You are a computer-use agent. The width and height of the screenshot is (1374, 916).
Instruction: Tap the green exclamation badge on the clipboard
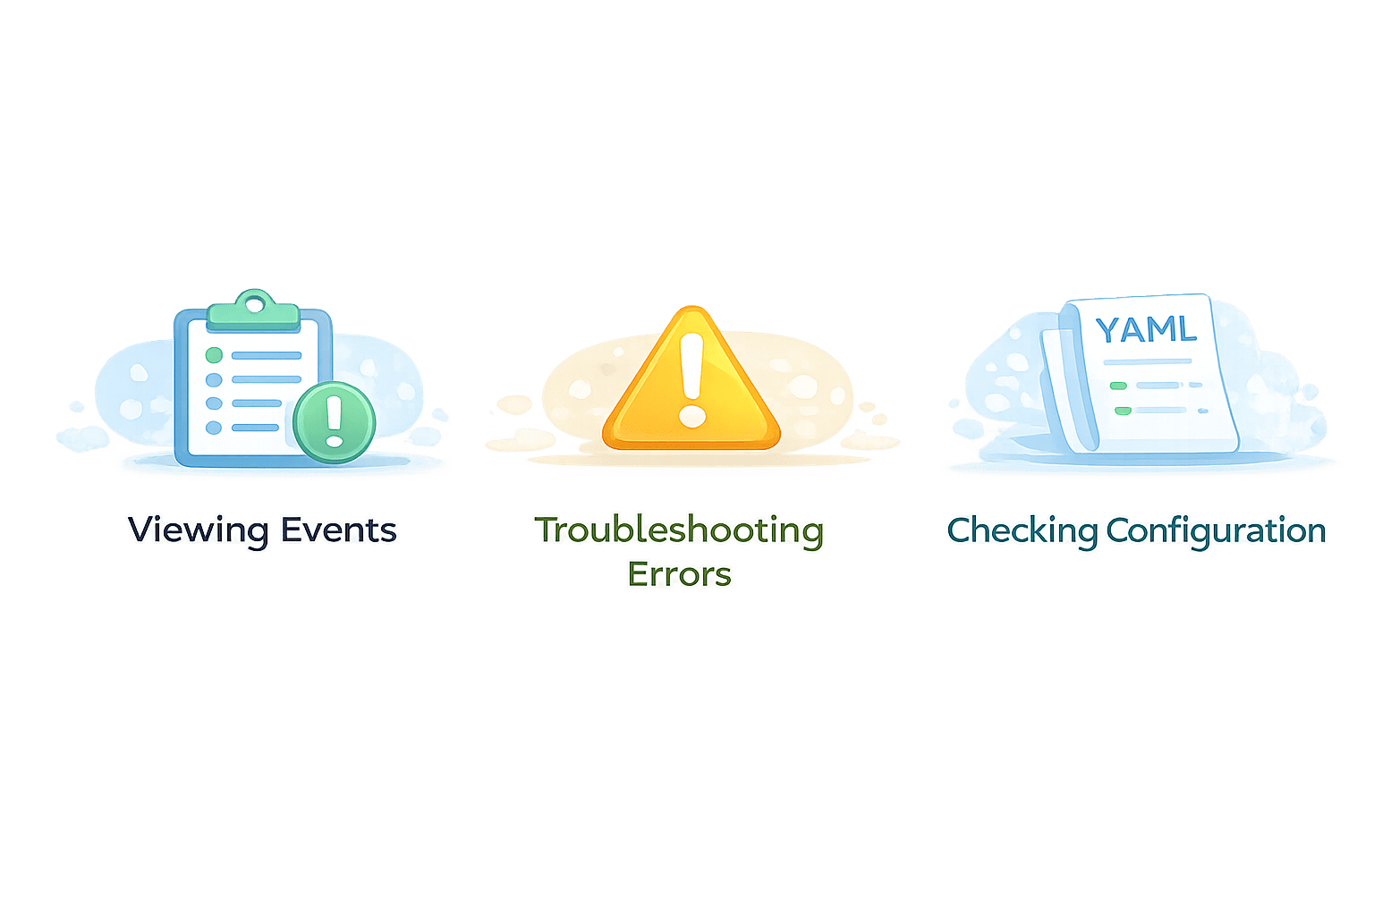coord(334,421)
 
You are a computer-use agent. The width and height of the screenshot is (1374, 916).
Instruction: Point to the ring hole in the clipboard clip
coord(255,303)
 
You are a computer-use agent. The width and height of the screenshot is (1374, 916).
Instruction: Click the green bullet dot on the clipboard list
coord(214,355)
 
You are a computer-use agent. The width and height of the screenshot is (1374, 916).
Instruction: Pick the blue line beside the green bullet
coord(267,355)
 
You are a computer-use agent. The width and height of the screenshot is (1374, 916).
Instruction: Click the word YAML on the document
coord(1146,329)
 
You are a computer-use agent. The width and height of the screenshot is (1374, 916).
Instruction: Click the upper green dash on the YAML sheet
coord(1118,386)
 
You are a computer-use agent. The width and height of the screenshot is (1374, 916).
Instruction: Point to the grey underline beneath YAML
coord(1148,361)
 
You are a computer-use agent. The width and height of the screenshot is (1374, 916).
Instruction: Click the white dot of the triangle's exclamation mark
coord(691,416)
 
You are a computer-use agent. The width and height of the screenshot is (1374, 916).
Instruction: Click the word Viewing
coord(198,530)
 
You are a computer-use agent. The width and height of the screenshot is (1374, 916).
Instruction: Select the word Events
coord(339,530)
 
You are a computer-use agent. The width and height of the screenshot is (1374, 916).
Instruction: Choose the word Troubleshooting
coord(680,530)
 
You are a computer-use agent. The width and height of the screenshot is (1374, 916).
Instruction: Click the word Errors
coord(679,574)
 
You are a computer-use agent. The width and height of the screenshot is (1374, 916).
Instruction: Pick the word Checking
coord(1022,530)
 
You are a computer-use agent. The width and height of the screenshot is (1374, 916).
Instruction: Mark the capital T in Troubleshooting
coord(547,529)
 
